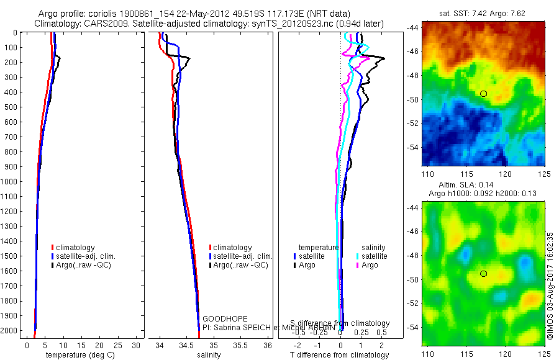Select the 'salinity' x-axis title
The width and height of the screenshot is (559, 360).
[209, 355]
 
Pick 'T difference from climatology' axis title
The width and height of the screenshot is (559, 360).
[340, 355]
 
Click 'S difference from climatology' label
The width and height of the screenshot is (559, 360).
[340, 323]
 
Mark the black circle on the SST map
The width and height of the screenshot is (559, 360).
[484, 94]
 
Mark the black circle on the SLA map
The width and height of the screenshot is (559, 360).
[484, 274]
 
